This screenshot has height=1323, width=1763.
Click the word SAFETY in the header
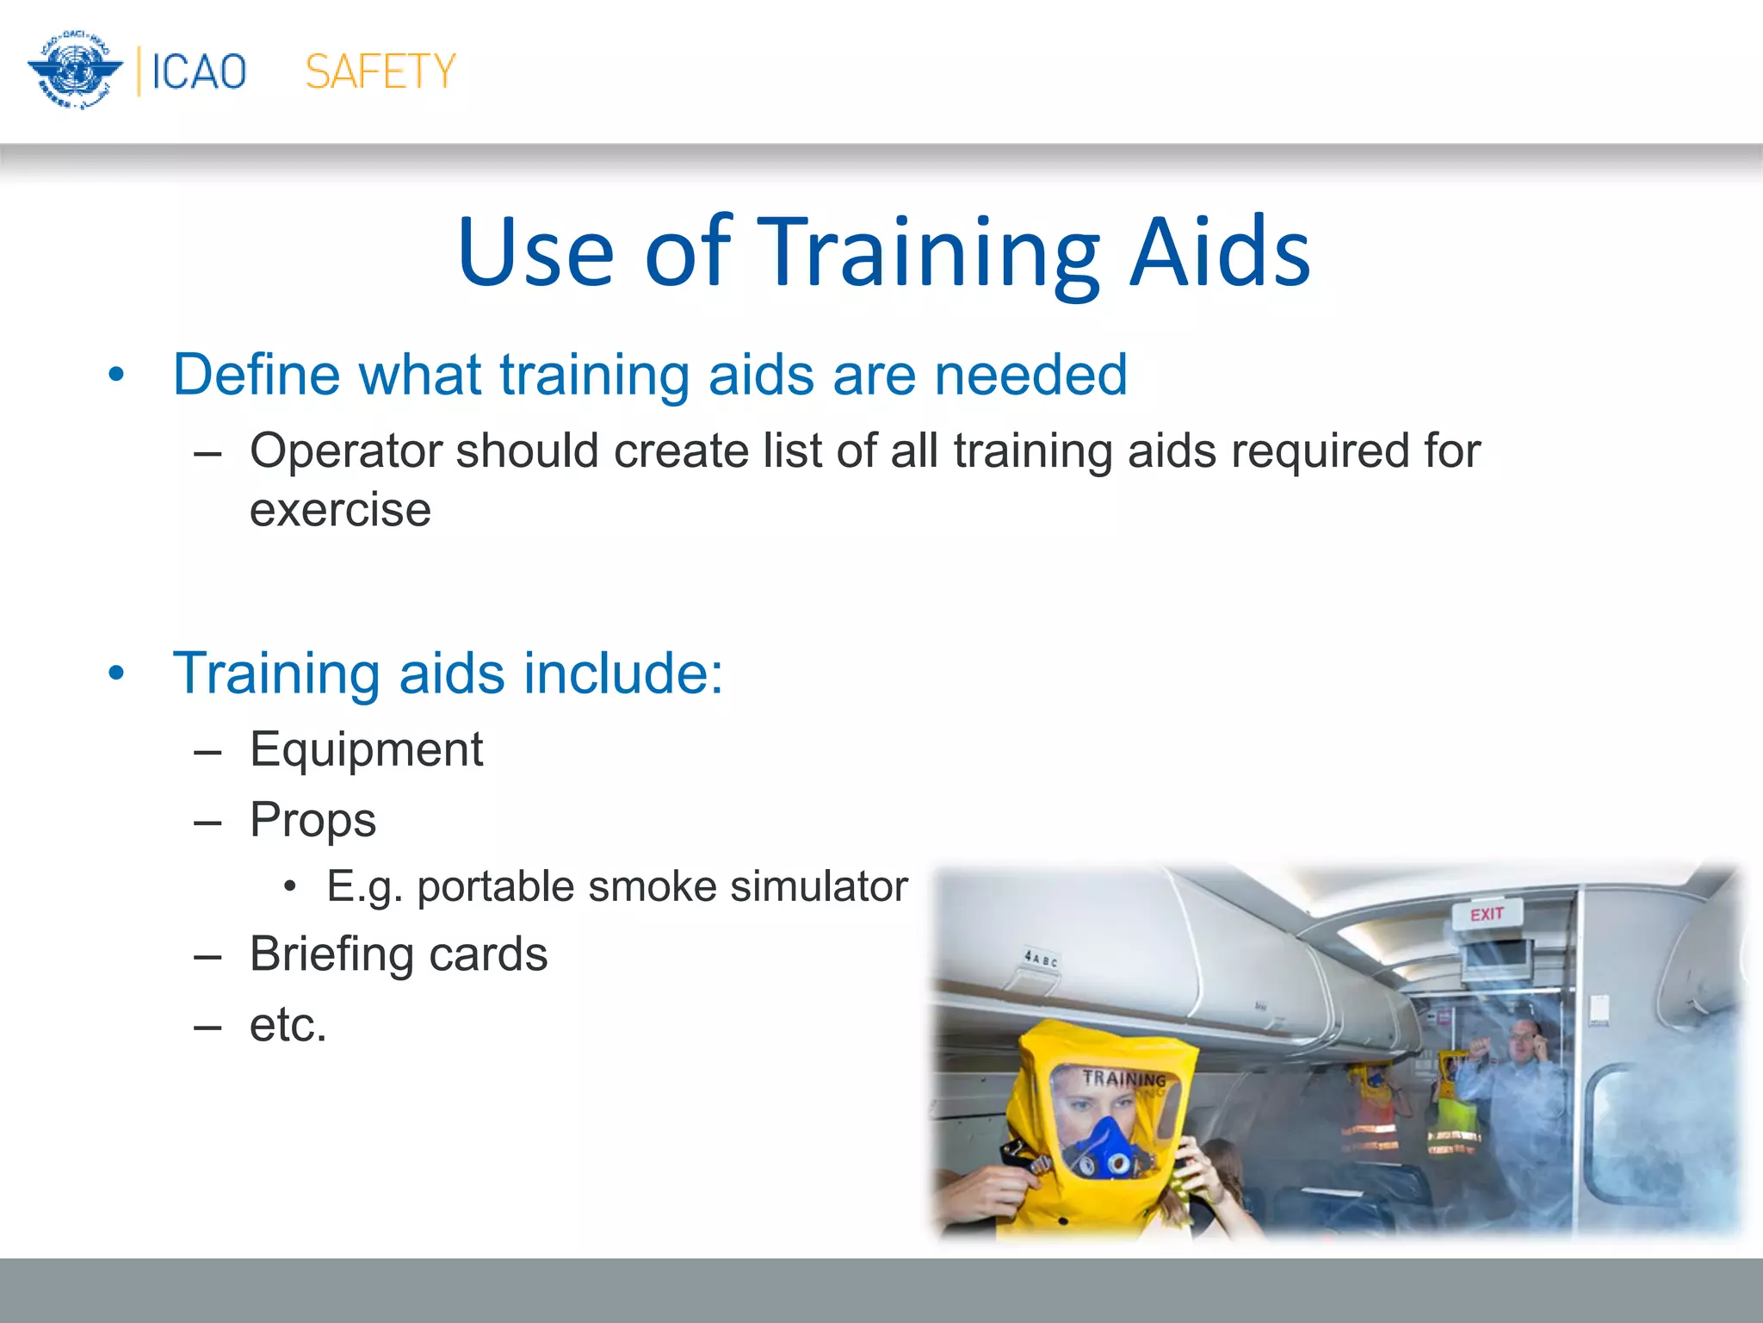pos(380,71)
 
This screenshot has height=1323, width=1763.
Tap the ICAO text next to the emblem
pos(199,71)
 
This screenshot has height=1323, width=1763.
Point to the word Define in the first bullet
pos(257,375)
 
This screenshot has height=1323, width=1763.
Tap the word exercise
pos(340,510)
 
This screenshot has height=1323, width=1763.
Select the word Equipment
pos(366,749)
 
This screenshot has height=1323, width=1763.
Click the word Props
pos(312,819)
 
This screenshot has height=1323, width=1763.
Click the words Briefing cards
pos(399,954)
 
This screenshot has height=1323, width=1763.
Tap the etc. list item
pos(288,1025)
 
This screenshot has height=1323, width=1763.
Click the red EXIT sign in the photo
pos(1487,914)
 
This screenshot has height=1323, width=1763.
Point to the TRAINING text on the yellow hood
pos(1123,1078)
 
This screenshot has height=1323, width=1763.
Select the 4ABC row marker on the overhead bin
pos(1041,958)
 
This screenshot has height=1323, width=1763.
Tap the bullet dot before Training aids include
pos(117,674)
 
